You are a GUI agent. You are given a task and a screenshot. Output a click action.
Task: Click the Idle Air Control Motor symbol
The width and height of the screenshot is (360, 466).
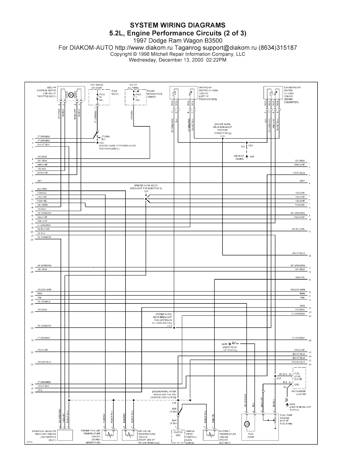[x=70, y=95]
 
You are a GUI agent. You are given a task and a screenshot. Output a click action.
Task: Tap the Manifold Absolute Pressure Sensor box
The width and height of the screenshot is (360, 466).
[x=65, y=435]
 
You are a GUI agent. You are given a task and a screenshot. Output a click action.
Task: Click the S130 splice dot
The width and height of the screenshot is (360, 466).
[x=223, y=139]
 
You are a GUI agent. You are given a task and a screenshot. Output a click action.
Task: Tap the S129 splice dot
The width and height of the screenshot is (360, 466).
[x=174, y=328]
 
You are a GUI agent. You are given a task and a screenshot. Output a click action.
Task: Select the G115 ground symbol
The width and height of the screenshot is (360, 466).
[x=247, y=156]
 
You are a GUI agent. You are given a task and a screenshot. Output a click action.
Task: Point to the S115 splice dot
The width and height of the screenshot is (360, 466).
[x=146, y=199]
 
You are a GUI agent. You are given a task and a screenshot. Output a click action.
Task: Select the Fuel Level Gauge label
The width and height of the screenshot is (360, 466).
[x=298, y=376]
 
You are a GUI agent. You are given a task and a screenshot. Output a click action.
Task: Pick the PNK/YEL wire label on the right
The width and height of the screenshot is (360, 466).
[x=300, y=278]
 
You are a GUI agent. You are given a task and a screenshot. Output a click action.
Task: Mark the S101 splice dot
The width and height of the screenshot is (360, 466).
[x=97, y=143]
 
